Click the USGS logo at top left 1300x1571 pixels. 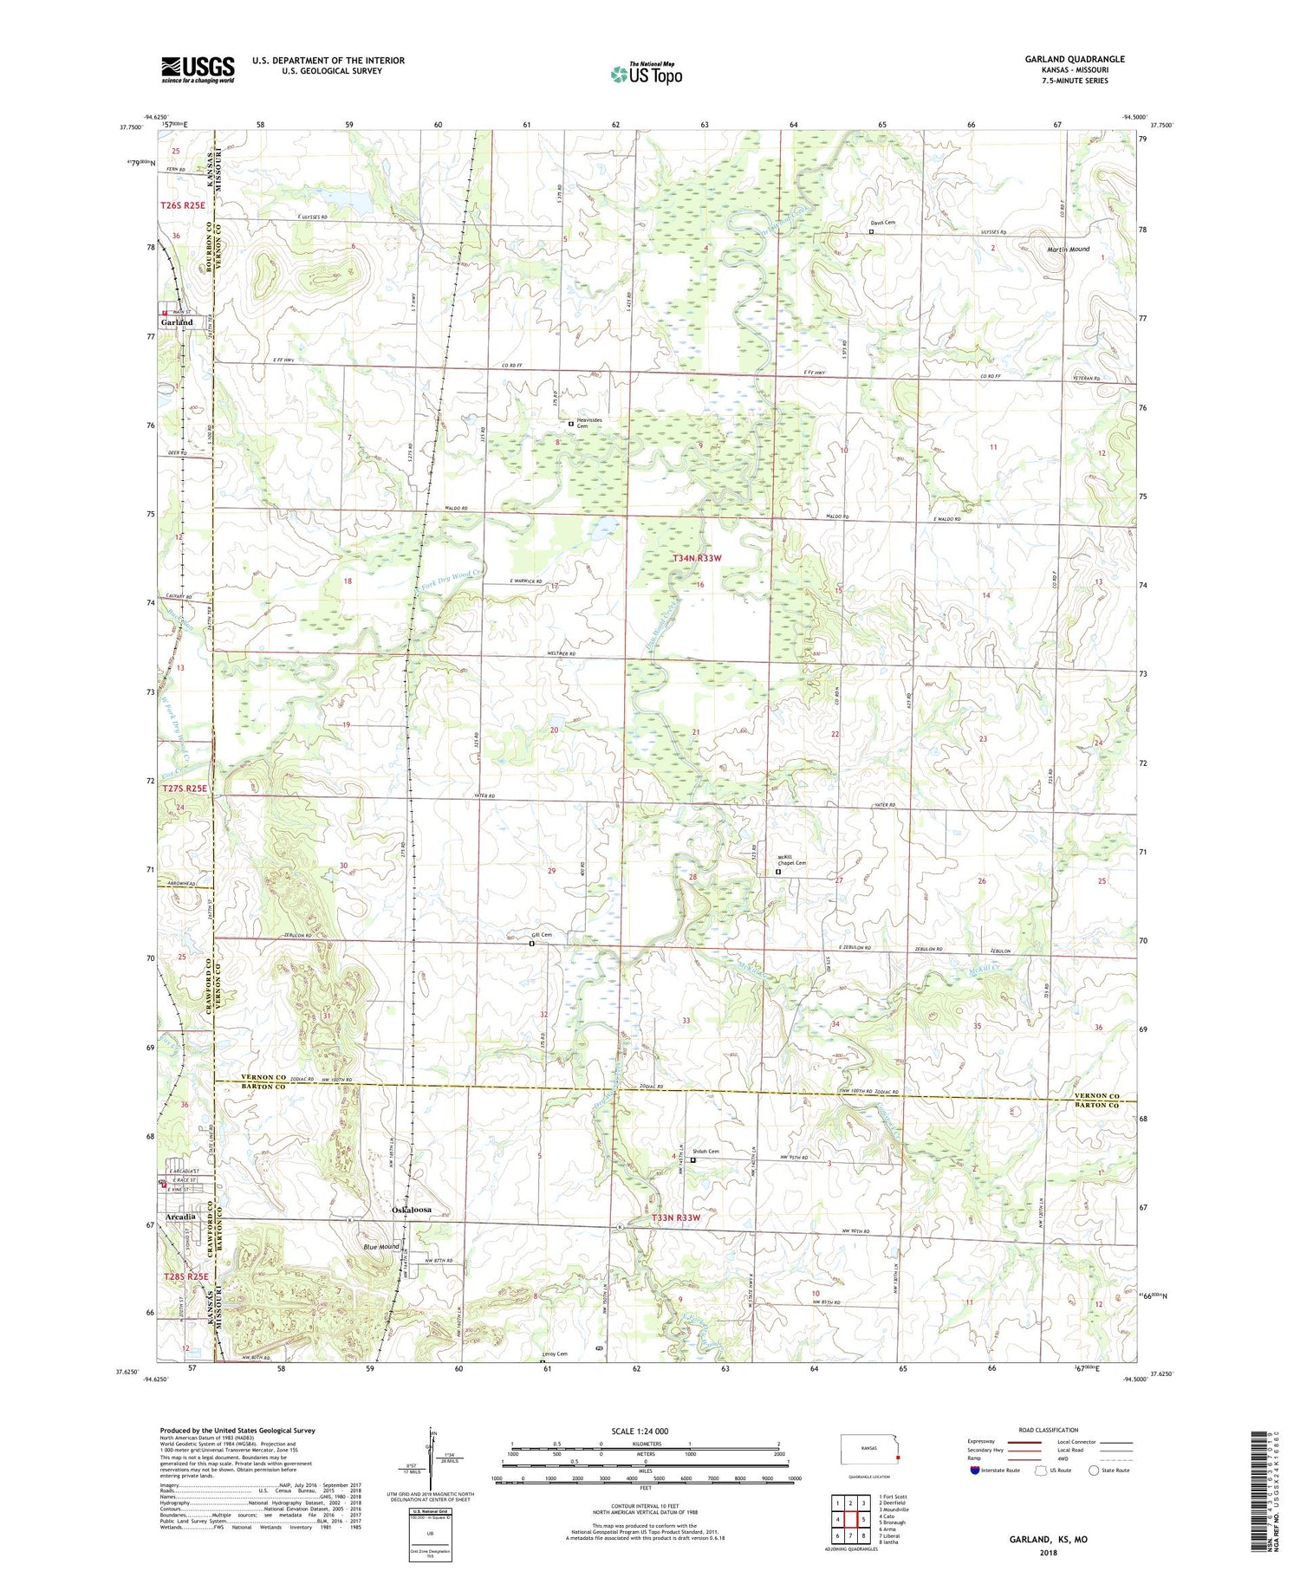pyautogui.click(x=198, y=69)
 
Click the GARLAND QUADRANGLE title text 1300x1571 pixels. pyautogui.click(x=1074, y=59)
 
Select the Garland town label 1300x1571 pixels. pyautogui.click(x=177, y=321)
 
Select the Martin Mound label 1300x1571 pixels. pyautogui.click(x=1068, y=250)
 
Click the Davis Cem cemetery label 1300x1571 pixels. pyautogui.click(x=882, y=223)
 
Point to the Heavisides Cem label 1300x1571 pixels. pyautogui.click(x=589, y=423)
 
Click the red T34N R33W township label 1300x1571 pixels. pyautogui.click(x=696, y=559)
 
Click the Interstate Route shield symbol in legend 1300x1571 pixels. pyautogui.click(x=974, y=1470)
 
